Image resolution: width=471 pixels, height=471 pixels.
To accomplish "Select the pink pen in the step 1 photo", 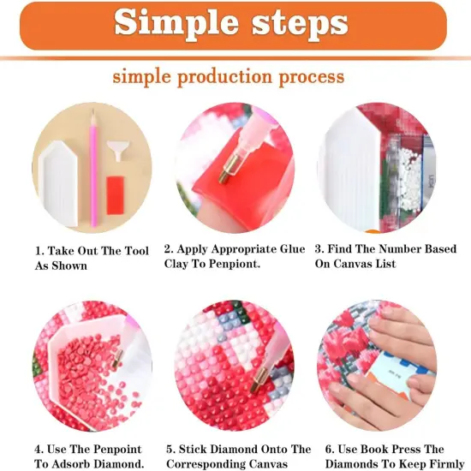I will [93, 171].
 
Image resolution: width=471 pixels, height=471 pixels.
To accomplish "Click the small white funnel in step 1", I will [119, 154].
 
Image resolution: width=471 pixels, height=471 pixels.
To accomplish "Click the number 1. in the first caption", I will [39, 251].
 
